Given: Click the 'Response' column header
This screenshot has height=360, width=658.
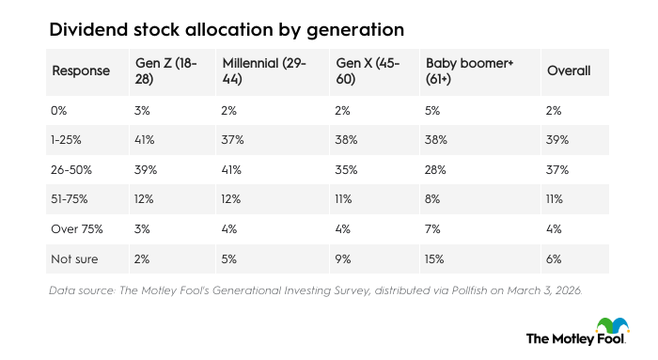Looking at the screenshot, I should click(x=80, y=70).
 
